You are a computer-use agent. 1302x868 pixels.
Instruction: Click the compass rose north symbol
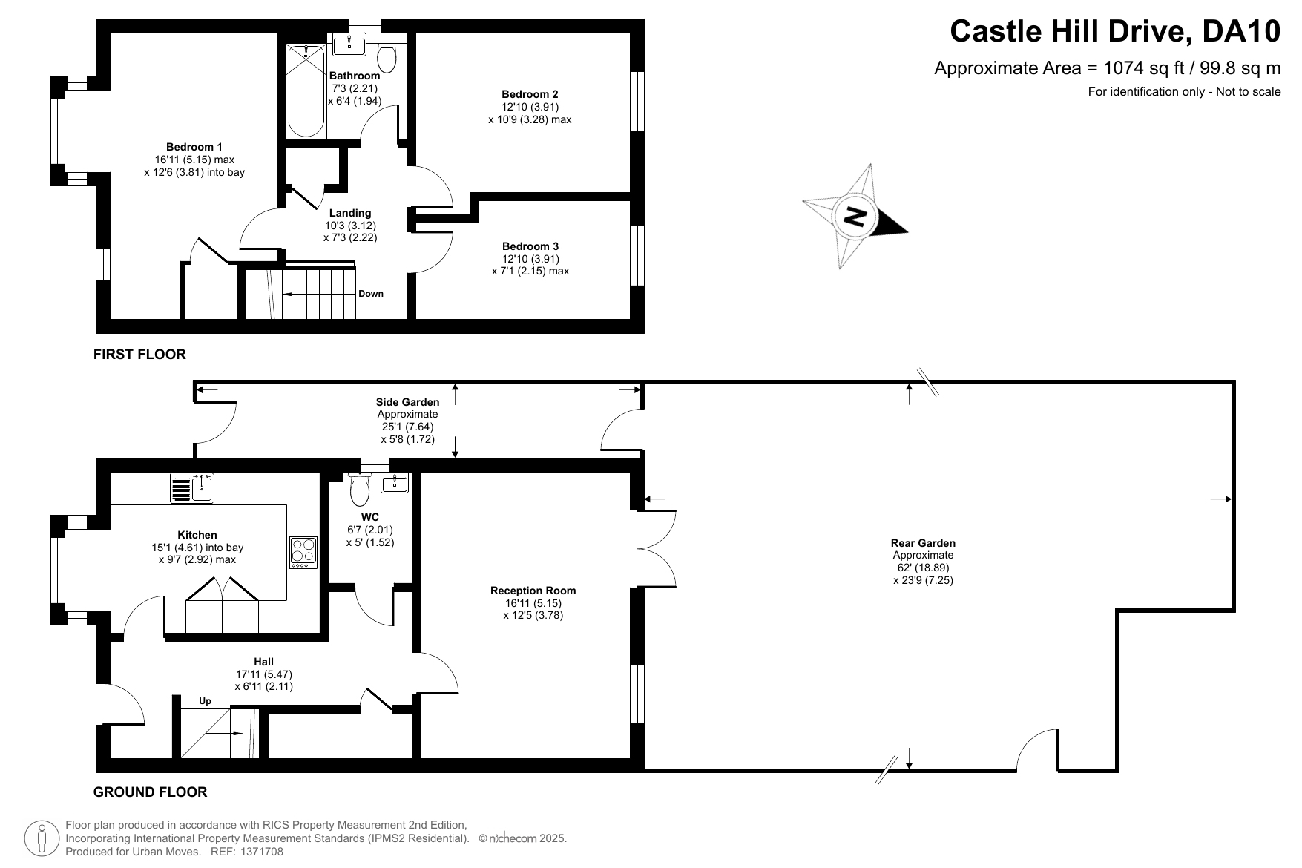coord(855,217)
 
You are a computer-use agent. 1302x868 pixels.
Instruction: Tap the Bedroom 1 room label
coord(194,147)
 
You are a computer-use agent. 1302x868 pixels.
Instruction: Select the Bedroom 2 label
coord(530,94)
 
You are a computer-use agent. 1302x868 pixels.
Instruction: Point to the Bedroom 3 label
coord(530,246)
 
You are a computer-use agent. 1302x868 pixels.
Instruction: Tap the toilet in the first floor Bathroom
coord(387,55)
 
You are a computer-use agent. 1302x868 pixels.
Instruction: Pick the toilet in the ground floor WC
coord(360,487)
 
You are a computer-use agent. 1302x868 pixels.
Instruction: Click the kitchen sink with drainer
coord(192,487)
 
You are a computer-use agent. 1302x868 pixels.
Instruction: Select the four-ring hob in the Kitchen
coord(303,553)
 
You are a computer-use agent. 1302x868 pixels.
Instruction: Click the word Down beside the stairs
coord(371,294)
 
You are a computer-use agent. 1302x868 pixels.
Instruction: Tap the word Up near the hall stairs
coord(205,701)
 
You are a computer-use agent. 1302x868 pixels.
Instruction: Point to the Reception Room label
coord(533,591)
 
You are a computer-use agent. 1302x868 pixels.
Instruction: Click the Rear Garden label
coord(923,543)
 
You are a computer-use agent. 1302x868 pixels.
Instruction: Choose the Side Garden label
coord(407,402)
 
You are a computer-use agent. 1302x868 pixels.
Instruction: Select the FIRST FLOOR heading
coord(139,355)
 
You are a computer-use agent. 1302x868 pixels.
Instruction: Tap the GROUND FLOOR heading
coord(150,792)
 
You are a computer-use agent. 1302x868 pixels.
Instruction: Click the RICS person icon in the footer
coord(42,838)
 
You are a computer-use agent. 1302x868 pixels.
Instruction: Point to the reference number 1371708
coord(259,852)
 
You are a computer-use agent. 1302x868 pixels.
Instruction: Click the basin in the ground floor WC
coord(394,483)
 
